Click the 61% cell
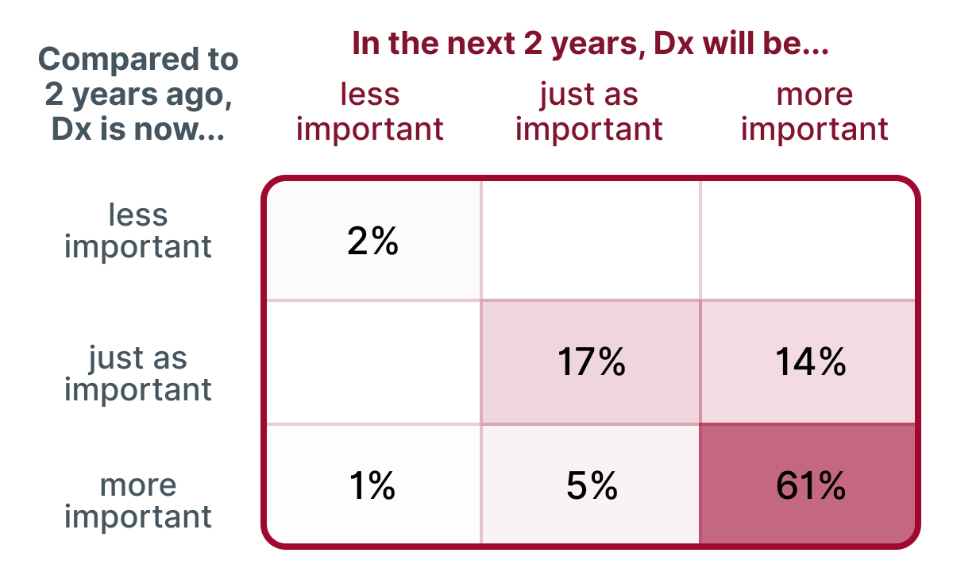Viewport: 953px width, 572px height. pos(810,485)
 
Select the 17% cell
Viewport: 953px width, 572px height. pos(591,362)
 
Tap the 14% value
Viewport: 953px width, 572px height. pos(810,362)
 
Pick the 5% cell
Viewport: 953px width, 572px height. pos(591,485)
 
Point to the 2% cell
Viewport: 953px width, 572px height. pos(372,242)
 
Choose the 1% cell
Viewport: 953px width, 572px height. pos(372,485)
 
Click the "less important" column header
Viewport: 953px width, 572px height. pos(369,111)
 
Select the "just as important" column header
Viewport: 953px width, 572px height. pos(588,111)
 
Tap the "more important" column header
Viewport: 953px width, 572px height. pos(814,111)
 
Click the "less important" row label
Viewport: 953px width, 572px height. pos(138,230)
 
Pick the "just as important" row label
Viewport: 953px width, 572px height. pos(138,373)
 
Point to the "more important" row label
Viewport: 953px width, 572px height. pos(138,500)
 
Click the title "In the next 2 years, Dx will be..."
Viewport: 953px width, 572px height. pos(590,44)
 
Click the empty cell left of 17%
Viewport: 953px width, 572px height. pos(372,362)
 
